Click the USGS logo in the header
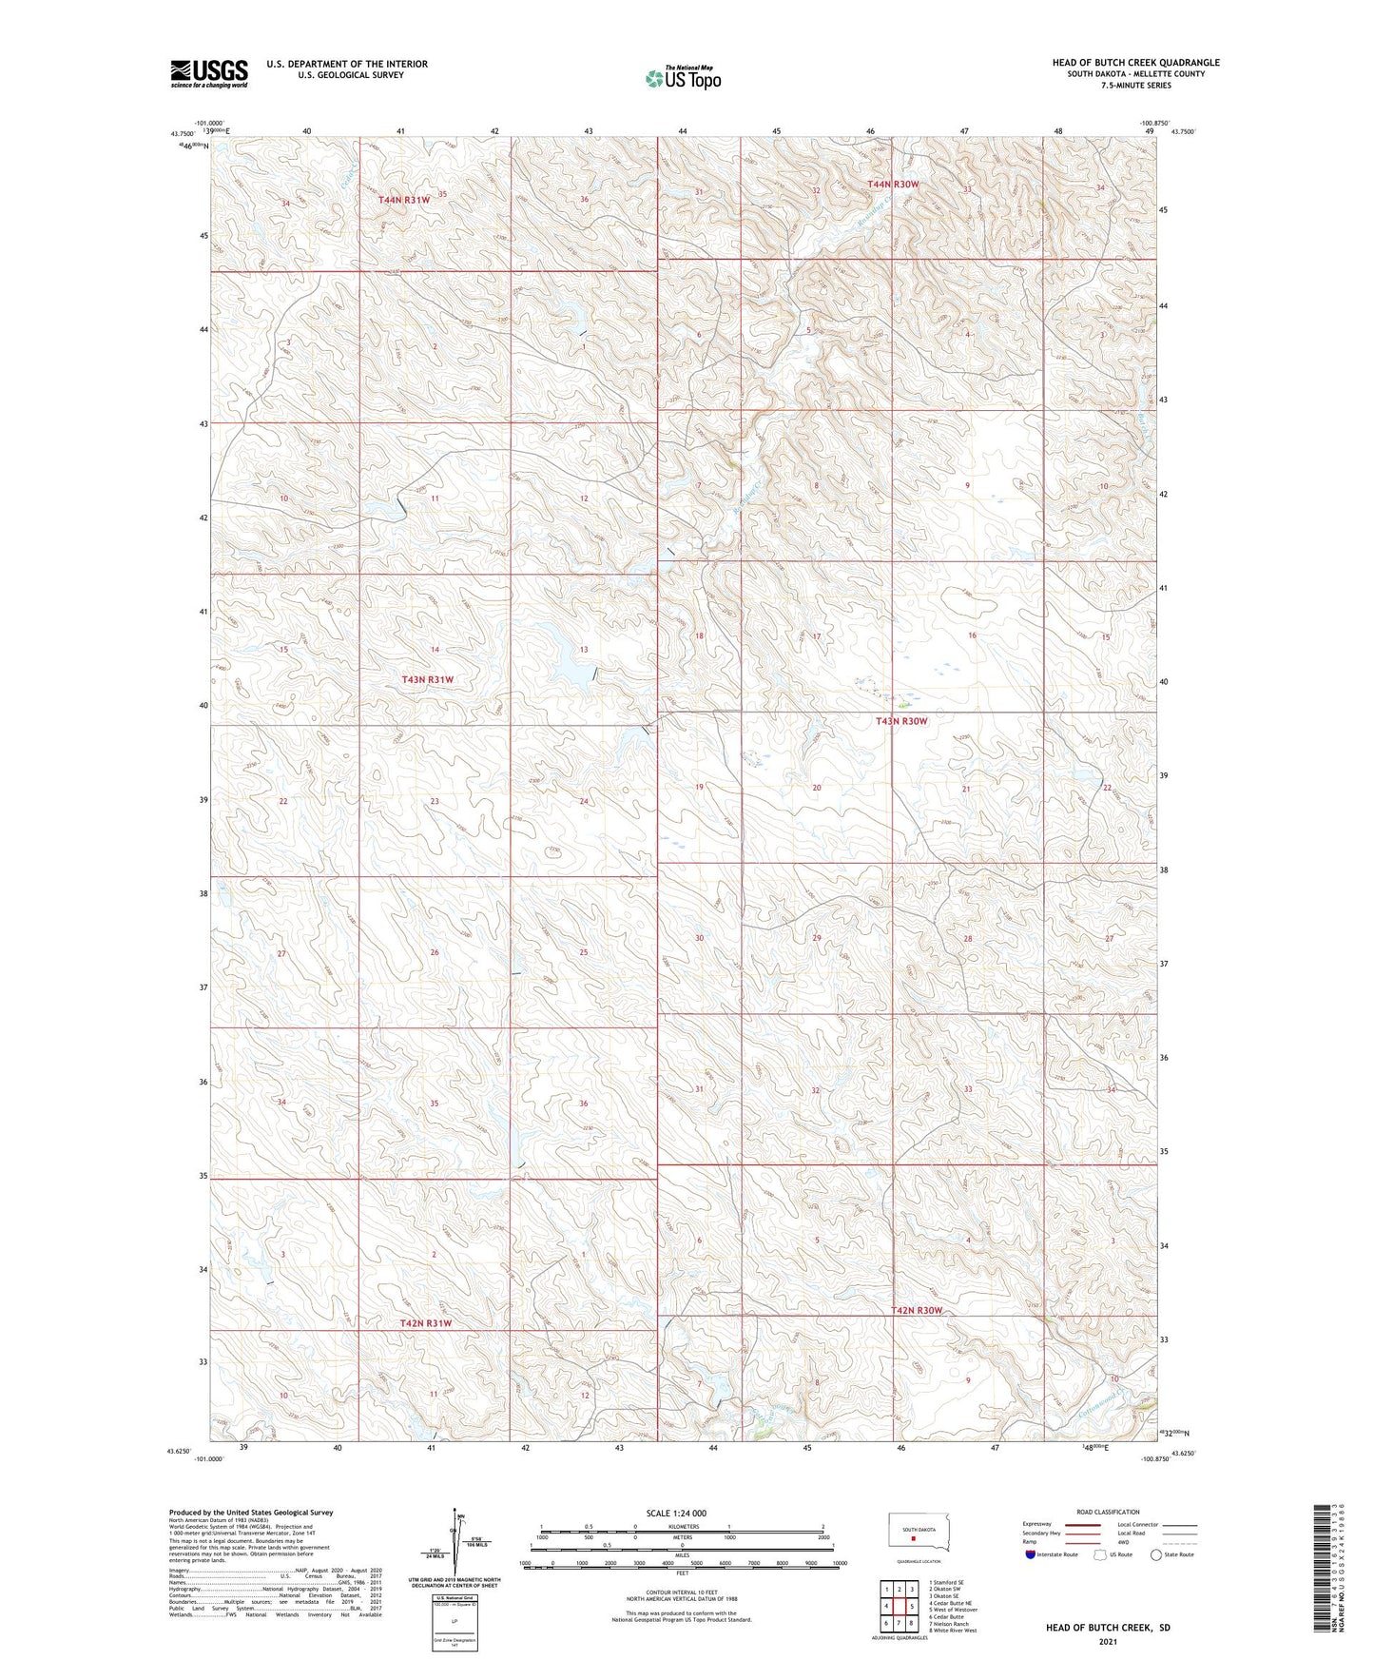click(208, 73)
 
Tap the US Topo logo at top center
click(682, 77)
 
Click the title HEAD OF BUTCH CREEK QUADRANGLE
click(1135, 63)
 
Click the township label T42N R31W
click(425, 1322)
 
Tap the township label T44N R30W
click(893, 184)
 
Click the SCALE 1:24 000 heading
click(676, 1513)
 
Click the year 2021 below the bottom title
click(1107, 1642)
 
